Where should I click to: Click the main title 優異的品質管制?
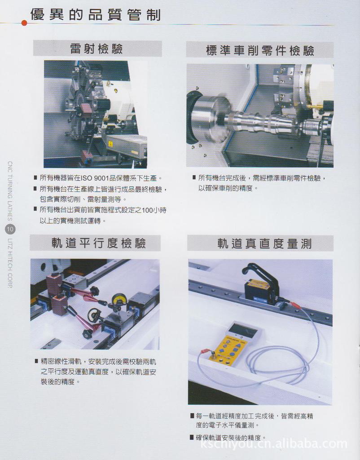tap(95, 15)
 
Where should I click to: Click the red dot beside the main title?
tap(24, 22)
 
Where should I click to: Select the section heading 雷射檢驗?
tap(97, 49)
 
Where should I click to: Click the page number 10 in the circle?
tap(10, 230)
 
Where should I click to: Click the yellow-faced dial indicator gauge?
tap(119, 299)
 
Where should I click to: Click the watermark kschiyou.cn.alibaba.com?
tap(274, 444)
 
